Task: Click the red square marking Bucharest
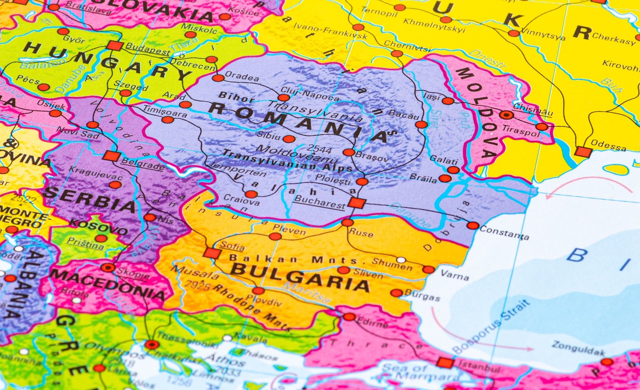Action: coord(356,203)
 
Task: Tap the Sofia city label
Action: coord(232,246)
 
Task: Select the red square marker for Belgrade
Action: coord(111,156)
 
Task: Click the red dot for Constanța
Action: coord(473,226)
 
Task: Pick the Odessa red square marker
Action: coord(583,151)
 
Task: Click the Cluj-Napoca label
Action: coord(310,93)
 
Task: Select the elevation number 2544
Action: coord(319,149)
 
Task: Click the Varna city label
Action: coord(455,276)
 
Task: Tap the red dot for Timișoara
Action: coord(168,120)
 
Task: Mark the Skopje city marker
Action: coord(108,267)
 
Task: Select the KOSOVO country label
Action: coord(98,227)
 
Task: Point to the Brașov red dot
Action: coord(349,152)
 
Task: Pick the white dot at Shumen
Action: coord(401,260)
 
